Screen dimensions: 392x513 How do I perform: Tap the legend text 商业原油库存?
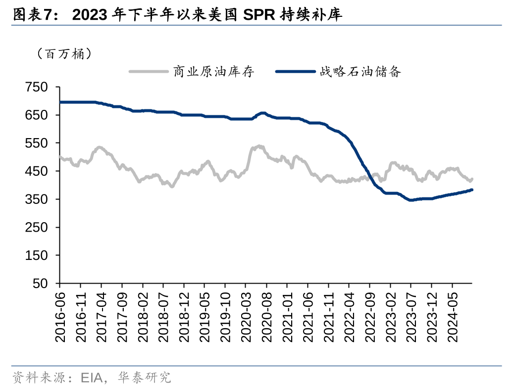[213, 72]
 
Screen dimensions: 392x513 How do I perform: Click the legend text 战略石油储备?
[360, 72]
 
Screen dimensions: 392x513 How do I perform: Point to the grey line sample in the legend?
[149, 72]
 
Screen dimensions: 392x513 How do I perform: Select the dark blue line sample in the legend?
[295, 72]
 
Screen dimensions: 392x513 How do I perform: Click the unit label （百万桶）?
[64, 54]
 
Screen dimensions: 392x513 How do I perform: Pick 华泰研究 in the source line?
[145, 378]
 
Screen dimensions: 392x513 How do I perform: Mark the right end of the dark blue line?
[472, 190]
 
